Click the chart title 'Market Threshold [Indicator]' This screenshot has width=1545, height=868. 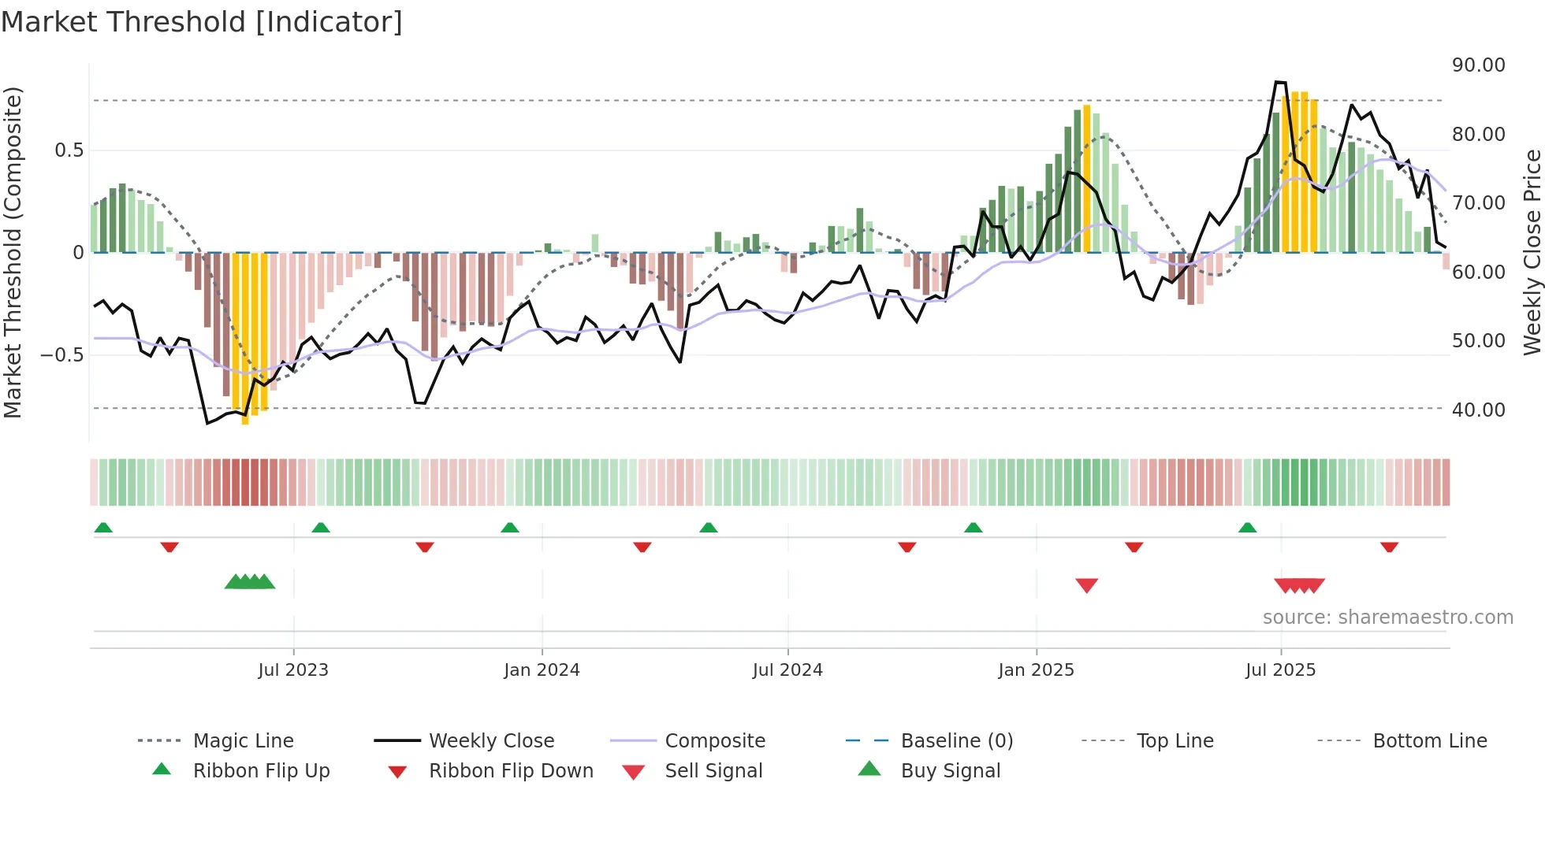(x=202, y=22)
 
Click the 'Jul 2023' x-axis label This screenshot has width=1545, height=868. (x=293, y=670)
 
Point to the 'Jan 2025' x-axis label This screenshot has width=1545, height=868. (x=1036, y=670)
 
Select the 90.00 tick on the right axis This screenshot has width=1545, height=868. (x=1478, y=65)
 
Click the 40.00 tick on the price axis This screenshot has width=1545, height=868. (x=1478, y=410)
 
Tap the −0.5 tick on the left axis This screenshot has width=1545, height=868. (x=61, y=355)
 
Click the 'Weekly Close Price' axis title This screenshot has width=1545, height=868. (x=1532, y=252)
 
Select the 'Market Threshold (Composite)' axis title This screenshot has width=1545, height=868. (x=13, y=252)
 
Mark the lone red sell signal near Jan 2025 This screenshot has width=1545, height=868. (x=1086, y=585)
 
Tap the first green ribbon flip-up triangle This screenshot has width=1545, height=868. (x=103, y=528)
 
